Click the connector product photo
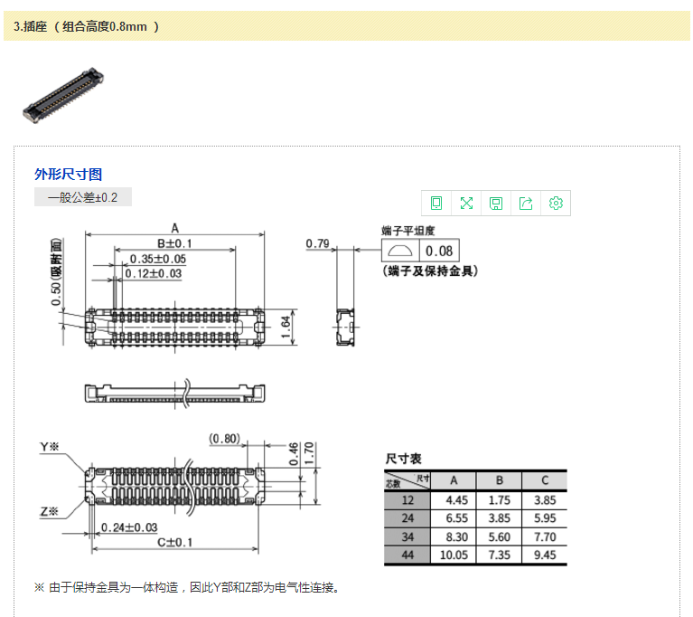click(63, 96)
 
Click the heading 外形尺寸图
click(68, 175)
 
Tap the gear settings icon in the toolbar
click(556, 204)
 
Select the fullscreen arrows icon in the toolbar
click(466, 204)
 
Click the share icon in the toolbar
click(526, 204)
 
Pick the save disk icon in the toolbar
click(496, 204)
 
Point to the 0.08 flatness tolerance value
click(439, 251)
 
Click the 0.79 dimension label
click(317, 243)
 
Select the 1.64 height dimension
click(286, 327)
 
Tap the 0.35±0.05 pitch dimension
click(158, 259)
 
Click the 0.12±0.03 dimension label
click(153, 273)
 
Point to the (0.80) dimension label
click(224, 439)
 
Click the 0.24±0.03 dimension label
click(129, 527)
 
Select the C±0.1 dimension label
click(175, 542)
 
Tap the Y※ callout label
click(49, 447)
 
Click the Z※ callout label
click(49, 512)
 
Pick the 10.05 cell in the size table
click(454, 555)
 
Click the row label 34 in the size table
click(407, 536)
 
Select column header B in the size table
click(500, 480)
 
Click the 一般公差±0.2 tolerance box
click(83, 197)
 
